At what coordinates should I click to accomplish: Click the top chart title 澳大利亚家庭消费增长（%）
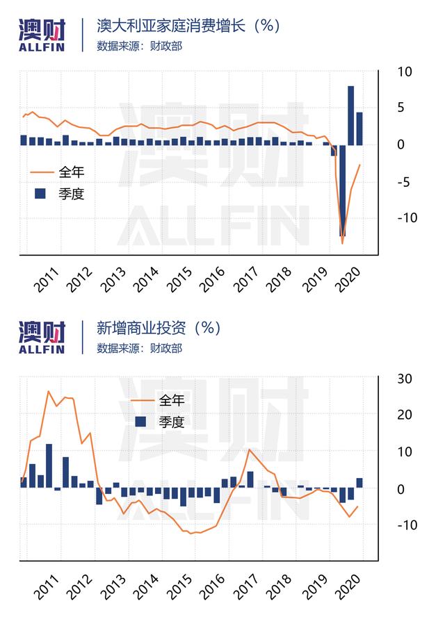[188, 26]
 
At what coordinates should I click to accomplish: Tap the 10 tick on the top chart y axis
[404, 72]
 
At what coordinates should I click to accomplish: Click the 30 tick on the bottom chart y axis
[404, 379]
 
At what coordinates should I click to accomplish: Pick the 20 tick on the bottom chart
[404, 415]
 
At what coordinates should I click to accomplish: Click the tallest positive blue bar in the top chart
[351, 115]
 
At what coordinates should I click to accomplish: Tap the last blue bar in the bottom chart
[359, 483]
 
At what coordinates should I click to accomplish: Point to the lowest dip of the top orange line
[343, 243]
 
